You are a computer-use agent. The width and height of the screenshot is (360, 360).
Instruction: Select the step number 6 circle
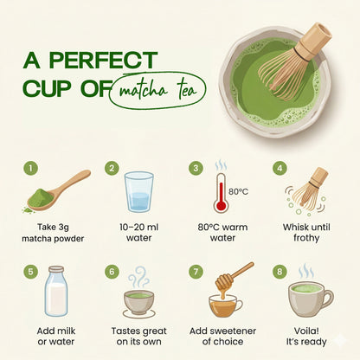point(112,271)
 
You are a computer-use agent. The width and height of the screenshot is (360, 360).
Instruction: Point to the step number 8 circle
point(280,271)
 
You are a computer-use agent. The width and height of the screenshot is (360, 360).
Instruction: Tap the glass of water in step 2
point(138,191)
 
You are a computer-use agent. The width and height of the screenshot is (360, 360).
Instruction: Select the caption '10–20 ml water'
point(138,233)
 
